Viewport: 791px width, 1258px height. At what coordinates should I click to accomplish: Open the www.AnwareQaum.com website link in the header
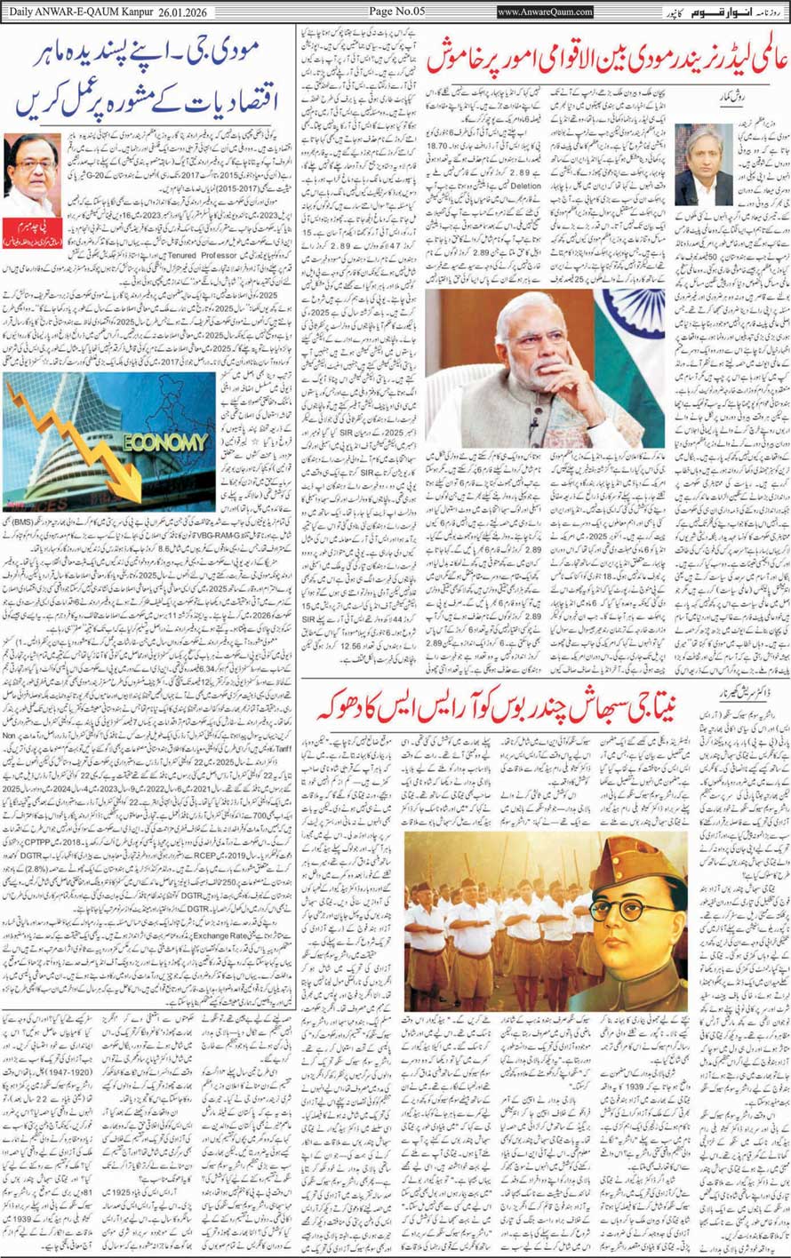point(545,12)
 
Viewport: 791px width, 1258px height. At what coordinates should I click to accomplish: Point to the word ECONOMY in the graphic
point(165,442)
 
